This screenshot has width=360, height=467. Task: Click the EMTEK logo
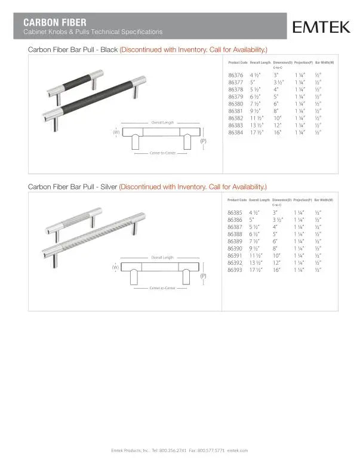pos(321,27)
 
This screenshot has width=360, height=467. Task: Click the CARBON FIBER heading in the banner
pos(50,22)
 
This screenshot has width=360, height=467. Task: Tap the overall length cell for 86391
pos(257,255)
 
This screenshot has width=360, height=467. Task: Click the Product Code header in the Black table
pos(238,62)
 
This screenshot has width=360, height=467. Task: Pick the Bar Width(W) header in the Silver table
pos(324,200)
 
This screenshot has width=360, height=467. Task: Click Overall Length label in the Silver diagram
pos(162,257)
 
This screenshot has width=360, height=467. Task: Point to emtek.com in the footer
pos(238,450)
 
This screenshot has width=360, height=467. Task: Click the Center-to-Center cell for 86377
pos(279,82)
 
